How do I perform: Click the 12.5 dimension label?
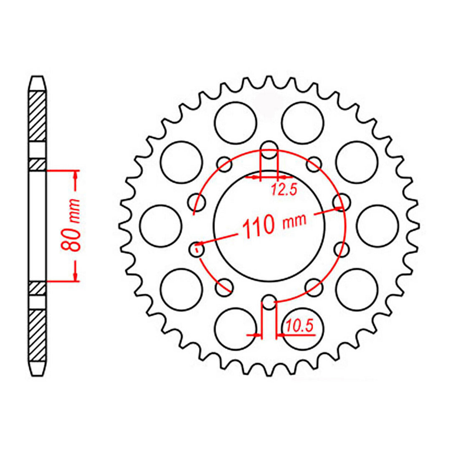[284, 190]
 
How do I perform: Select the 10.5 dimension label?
[300, 326]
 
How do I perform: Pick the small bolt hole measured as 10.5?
[269, 304]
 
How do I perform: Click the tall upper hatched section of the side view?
[38, 116]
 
